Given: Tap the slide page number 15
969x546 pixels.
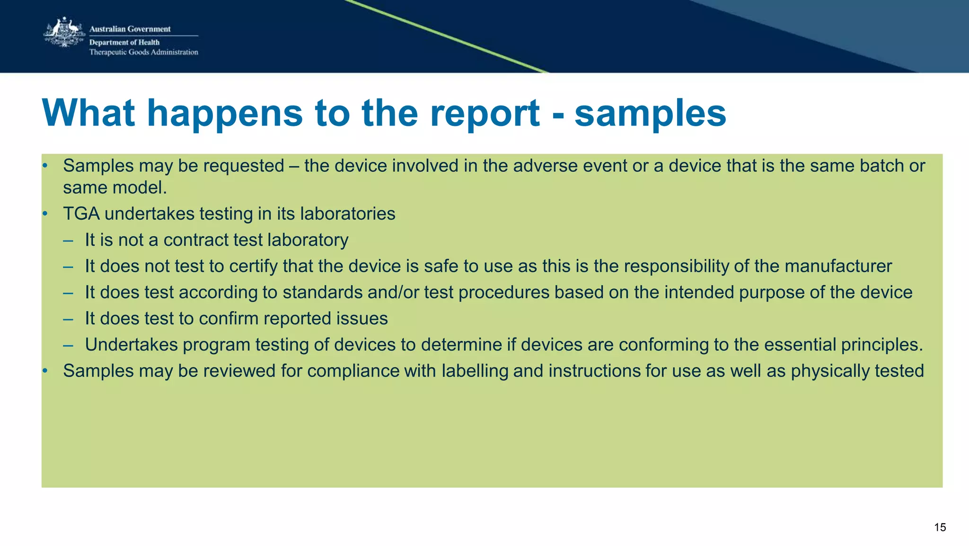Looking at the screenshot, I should pyautogui.click(x=940, y=528).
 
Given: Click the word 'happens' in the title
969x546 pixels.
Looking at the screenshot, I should pyautogui.click(x=225, y=114).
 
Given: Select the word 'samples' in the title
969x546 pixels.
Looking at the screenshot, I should pyautogui.click(x=650, y=114).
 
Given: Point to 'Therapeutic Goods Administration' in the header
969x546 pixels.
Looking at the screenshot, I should pyautogui.click(x=144, y=52).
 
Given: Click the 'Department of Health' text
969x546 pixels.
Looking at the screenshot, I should pyautogui.click(x=124, y=42).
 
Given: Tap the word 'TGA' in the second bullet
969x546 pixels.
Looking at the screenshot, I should pyautogui.click(x=81, y=214).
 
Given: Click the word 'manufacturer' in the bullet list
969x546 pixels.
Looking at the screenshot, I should pyautogui.click(x=838, y=266).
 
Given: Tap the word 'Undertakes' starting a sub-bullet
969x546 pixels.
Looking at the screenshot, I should pyautogui.click(x=131, y=345).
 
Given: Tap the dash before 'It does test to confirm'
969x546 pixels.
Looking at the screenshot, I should pyautogui.click(x=68, y=319).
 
